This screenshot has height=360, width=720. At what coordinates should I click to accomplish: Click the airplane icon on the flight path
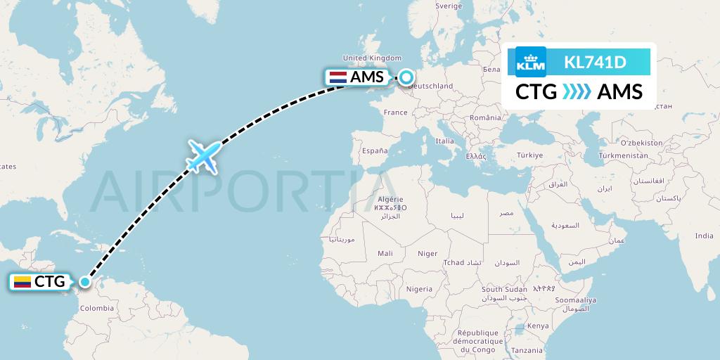pyautogui.click(x=203, y=156)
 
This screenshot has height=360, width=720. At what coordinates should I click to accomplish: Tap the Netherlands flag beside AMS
pyautogui.click(x=337, y=77)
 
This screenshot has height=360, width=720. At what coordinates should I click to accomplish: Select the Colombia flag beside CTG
pyautogui.click(x=22, y=282)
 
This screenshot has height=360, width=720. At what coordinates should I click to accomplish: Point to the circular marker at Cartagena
pyautogui.click(x=85, y=282)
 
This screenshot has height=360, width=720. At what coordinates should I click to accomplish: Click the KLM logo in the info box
pyautogui.click(x=530, y=61)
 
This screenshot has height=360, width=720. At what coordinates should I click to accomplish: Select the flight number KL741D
pyautogui.click(x=595, y=63)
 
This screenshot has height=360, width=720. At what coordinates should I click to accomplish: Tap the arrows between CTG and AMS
pyautogui.click(x=577, y=91)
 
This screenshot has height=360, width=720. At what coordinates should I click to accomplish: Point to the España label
pyautogui.click(x=374, y=150)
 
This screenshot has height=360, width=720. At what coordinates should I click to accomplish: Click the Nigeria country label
pyautogui.click(x=419, y=288)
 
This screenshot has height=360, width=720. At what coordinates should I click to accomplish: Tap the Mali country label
pyautogui.click(x=385, y=253)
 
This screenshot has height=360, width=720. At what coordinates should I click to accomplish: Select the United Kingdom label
pyautogui.click(x=372, y=58)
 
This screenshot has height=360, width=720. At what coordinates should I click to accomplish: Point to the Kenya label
pyautogui.click(x=538, y=326)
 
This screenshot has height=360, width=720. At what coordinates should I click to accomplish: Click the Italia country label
pyautogui.click(x=444, y=141)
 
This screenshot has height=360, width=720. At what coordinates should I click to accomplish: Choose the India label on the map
pyautogui.click(x=703, y=236)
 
